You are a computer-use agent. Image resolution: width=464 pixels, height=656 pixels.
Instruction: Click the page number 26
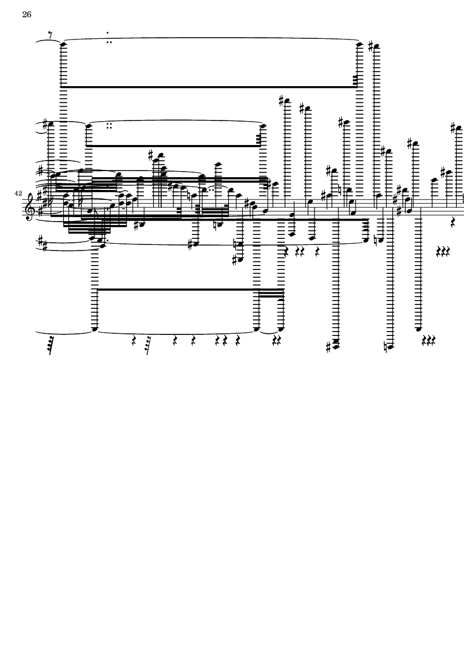pyautogui.click(x=27, y=14)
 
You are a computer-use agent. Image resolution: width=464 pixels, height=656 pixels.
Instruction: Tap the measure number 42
pyautogui.click(x=18, y=193)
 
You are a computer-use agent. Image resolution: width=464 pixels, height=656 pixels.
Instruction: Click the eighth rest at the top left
pyautogui.click(x=50, y=36)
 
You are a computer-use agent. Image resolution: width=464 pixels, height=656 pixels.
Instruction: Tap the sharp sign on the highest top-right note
pyautogui.click(x=371, y=46)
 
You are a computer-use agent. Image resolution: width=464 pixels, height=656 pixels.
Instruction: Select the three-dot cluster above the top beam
pyautogui.click(x=109, y=38)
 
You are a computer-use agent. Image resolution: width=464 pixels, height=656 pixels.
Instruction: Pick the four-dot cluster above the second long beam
pyautogui.click(x=109, y=126)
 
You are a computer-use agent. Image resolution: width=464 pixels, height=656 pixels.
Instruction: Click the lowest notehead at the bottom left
pyautogui.click(x=94, y=329)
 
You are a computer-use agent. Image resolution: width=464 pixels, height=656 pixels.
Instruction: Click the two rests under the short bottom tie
pyautogui.click(x=277, y=342)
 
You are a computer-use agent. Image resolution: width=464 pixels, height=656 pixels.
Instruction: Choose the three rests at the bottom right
pyautogui.click(x=429, y=340)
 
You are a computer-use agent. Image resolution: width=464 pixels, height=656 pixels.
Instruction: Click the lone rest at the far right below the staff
pyautogui.click(x=453, y=222)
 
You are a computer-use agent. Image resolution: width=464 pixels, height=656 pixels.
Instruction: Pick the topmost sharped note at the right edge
pyautogui.click(x=458, y=128)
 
